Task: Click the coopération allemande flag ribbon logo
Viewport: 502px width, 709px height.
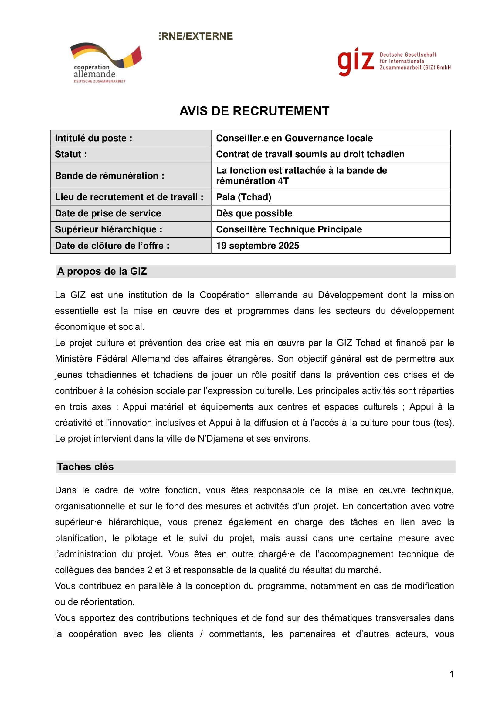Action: [106, 55]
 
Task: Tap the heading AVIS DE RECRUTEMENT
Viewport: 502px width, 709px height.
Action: [254, 111]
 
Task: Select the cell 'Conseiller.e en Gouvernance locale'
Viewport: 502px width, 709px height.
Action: [294, 138]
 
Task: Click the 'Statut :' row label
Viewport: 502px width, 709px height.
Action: [71, 154]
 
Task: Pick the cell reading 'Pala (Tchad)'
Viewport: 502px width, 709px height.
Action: [244, 197]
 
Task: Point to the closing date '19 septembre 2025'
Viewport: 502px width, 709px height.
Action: [257, 246]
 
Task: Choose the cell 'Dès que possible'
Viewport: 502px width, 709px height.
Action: [254, 213]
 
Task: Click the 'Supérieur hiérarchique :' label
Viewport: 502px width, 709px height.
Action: [108, 229]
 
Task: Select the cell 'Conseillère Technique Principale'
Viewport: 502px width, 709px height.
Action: [289, 229]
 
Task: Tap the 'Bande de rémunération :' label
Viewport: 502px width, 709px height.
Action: [110, 176]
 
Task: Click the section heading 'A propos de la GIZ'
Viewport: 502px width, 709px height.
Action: [102, 271]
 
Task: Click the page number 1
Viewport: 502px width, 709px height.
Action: [451, 674]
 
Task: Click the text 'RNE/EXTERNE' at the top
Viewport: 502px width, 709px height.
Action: [197, 36]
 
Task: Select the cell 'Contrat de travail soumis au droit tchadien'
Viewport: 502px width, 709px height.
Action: [310, 154]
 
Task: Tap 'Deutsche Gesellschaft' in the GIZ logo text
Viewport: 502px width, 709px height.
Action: [408, 55]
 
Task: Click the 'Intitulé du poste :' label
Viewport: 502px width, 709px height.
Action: [93, 138]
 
